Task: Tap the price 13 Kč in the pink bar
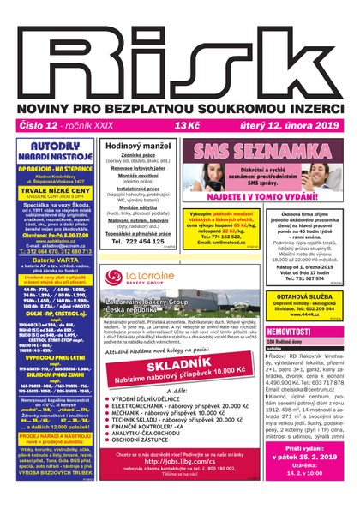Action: tap(188, 125)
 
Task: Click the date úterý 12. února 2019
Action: tap(290, 125)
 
